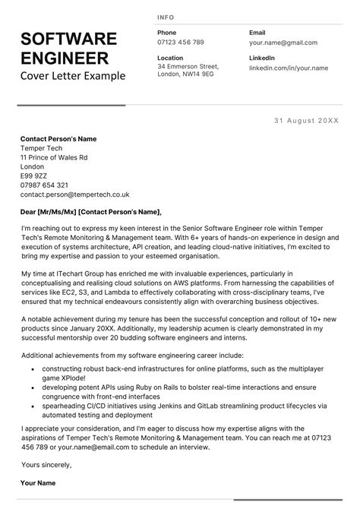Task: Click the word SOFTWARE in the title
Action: tap(68, 40)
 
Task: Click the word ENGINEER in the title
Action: tap(65, 58)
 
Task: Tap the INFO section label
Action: tap(166, 17)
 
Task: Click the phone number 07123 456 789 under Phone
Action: tap(181, 43)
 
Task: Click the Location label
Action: tap(170, 58)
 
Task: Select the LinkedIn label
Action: tap(262, 58)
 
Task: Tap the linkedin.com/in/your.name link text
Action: tap(289, 68)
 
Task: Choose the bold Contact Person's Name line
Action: tap(59, 138)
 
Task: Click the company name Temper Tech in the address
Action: tap(41, 148)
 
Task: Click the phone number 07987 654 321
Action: tap(45, 185)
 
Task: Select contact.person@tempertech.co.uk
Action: tap(75, 194)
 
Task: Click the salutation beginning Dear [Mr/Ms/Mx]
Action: tap(92, 212)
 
